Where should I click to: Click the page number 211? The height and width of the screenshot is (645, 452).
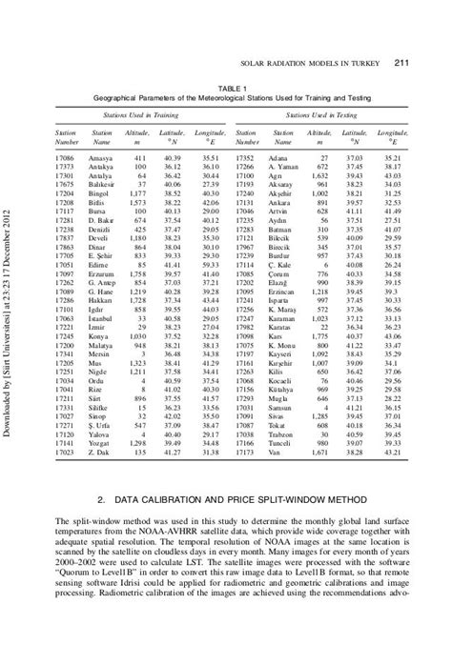coord(401,64)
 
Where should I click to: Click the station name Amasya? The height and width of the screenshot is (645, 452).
coord(100,154)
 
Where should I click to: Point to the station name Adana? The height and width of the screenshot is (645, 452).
coord(278,154)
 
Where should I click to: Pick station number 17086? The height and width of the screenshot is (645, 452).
coord(65,154)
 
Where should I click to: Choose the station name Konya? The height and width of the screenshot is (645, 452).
coord(100,363)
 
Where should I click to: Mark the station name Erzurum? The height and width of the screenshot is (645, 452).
coord(101,274)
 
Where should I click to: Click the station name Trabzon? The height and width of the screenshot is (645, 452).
coord(281,434)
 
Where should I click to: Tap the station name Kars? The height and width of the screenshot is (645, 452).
coord(277,363)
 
